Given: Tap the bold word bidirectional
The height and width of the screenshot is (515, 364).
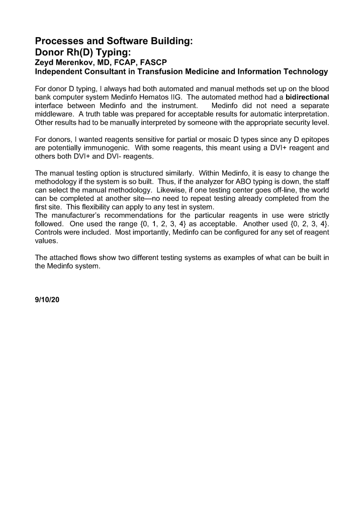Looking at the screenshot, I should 307,97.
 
